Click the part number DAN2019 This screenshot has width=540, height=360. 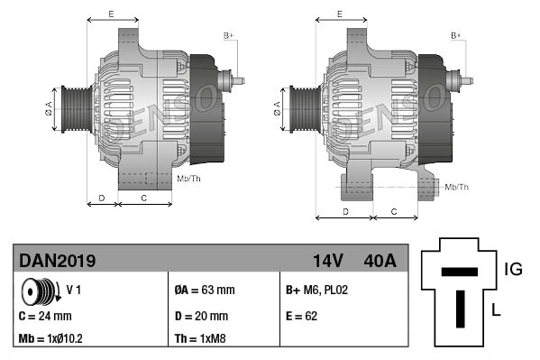tap(57, 260)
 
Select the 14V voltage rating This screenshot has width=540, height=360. tap(327, 260)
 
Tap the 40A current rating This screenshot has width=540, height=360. tap(379, 260)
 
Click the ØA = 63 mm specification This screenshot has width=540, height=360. tap(204, 291)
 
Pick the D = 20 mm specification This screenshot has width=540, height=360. tap(200, 316)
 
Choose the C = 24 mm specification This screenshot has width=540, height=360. tap(44, 316)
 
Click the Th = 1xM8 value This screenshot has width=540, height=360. tap(200, 340)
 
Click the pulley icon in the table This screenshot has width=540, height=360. tap(41, 291)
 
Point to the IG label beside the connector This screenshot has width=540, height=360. tap(513, 268)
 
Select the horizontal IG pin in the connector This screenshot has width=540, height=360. tap(460, 271)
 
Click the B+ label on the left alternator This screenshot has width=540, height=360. tap(228, 35)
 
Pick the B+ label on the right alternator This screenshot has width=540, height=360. tap(456, 35)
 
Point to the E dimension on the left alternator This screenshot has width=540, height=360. tap(111, 14)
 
